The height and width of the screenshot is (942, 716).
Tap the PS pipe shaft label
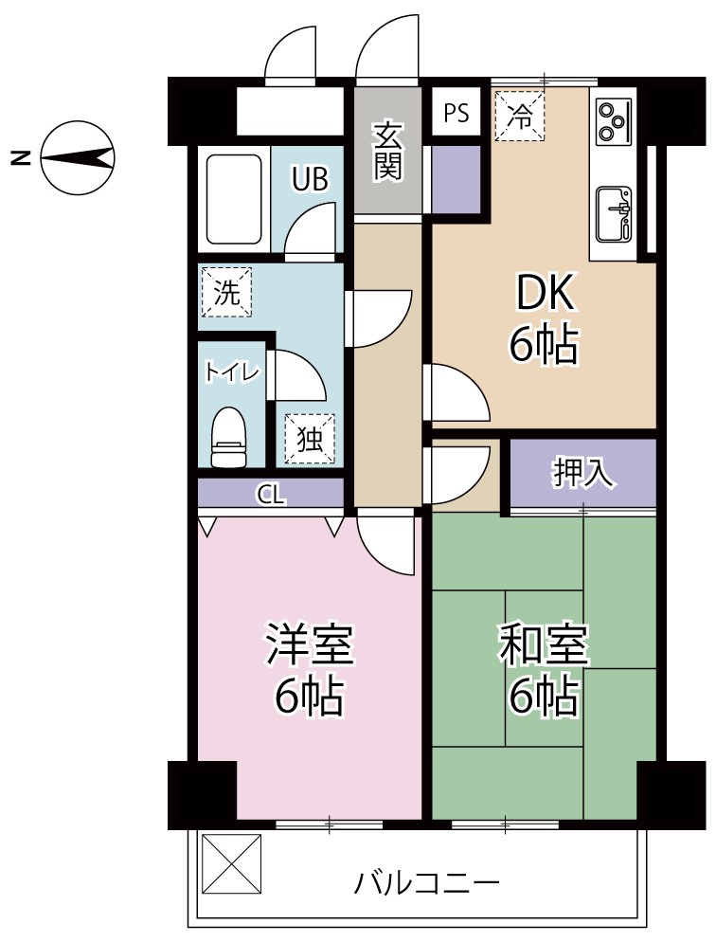tap(456, 114)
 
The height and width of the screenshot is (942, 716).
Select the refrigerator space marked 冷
tap(519, 116)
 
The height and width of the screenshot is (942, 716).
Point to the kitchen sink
tap(613, 214)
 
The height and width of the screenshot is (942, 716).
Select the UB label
tap(310, 179)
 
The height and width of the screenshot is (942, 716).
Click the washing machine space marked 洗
tap(226, 292)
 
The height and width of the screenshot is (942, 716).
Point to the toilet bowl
tap(228, 438)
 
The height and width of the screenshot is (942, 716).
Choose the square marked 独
tap(310, 439)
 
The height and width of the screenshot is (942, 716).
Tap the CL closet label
tap(271, 494)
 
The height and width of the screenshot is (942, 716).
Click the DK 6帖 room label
tap(544, 320)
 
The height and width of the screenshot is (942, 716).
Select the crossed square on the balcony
tap(232, 860)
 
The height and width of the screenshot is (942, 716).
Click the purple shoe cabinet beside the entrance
tap(456, 178)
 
